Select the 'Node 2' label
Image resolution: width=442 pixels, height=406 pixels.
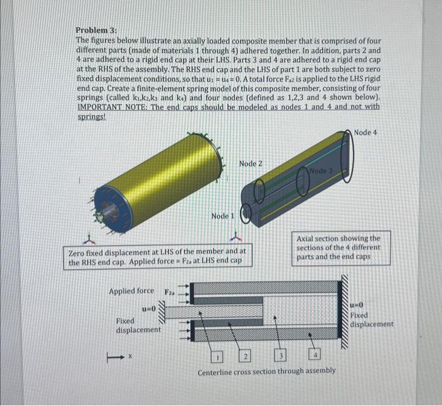click(251, 164)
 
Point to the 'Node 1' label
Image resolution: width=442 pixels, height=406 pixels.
click(223, 216)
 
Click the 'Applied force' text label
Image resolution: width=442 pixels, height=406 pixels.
click(131, 291)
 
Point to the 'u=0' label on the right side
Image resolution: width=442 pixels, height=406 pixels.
click(357, 304)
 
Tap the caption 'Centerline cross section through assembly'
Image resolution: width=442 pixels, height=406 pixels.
click(266, 370)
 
